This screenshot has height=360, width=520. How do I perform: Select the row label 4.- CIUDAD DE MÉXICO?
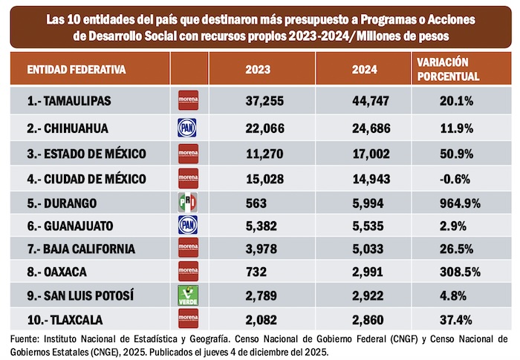(x=85, y=178)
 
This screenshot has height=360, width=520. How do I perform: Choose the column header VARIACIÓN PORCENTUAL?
(x=448, y=70)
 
